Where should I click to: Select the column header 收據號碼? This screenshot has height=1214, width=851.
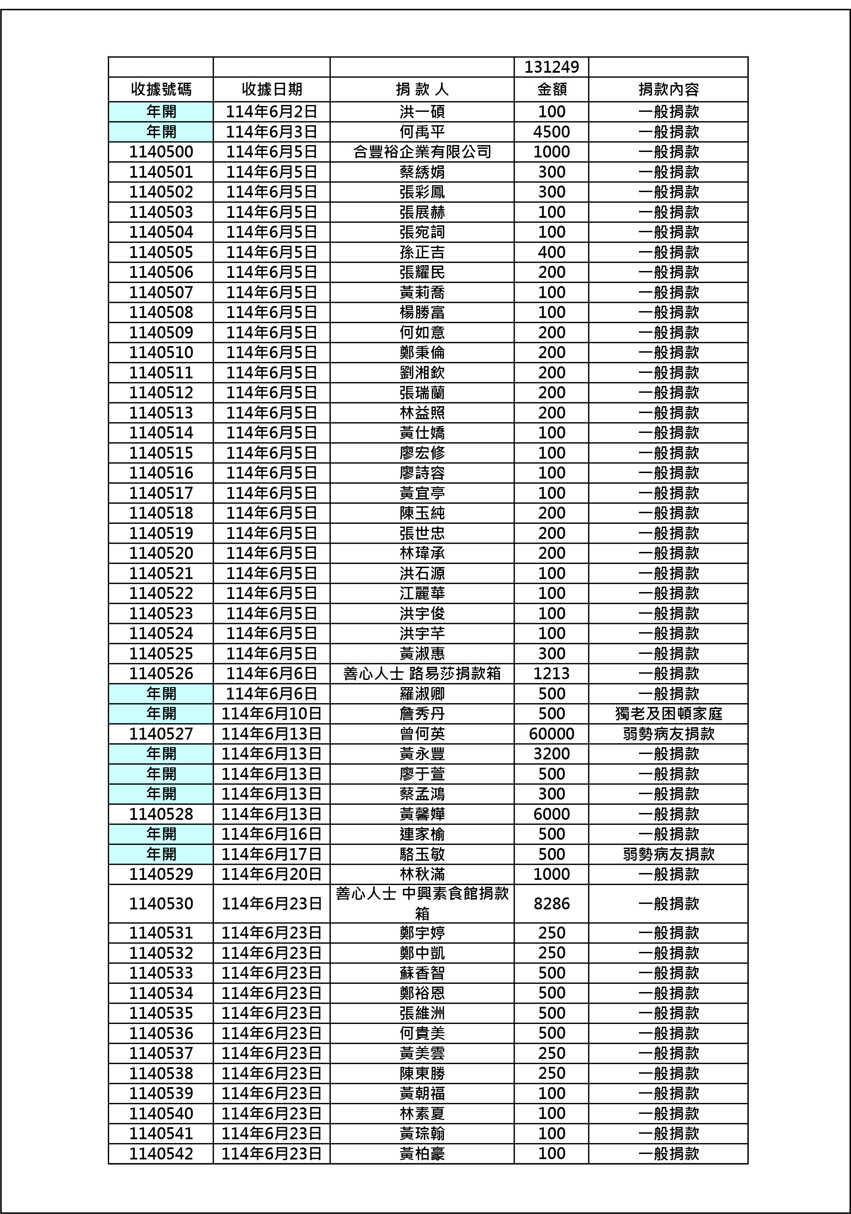click(161, 89)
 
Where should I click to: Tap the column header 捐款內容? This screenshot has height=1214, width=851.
click(668, 89)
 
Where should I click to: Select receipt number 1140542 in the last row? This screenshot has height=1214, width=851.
click(161, 1153)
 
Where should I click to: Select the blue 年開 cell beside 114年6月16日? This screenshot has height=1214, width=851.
click(161, 834)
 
